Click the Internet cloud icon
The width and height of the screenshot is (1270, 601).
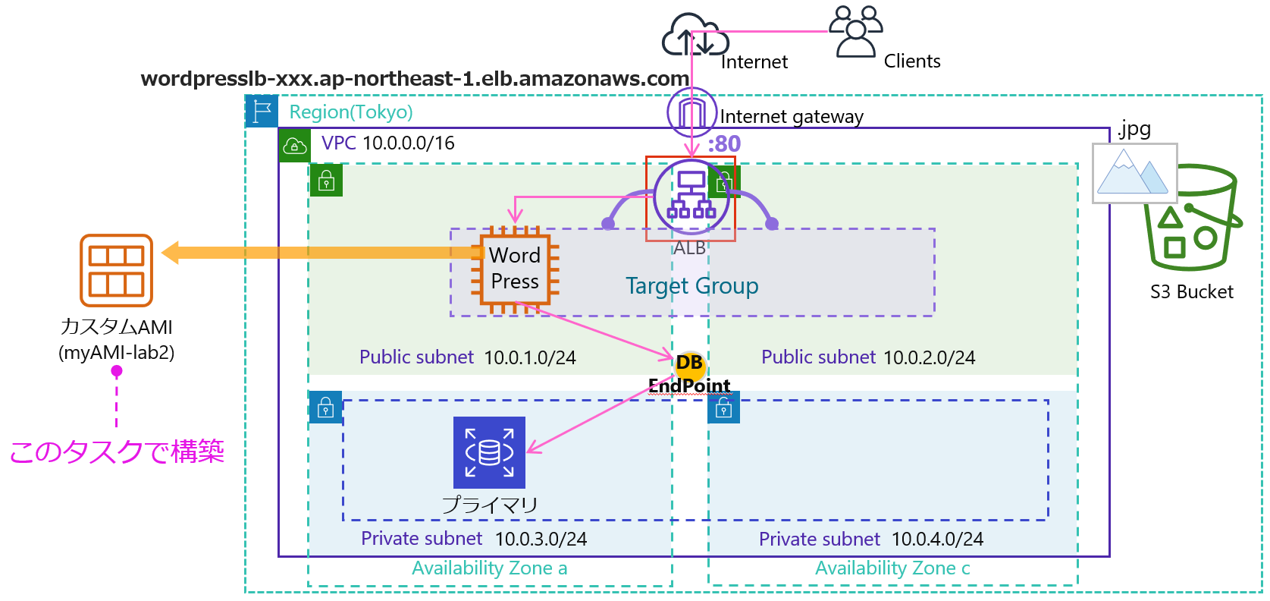click(x=690, y=35)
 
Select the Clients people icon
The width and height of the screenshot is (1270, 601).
click(x=855, y=32)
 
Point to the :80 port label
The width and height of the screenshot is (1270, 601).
click(x=724, y=143)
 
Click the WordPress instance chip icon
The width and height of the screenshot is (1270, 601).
click(x=515, y=269)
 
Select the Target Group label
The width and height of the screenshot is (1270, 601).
click(x=691, y=286)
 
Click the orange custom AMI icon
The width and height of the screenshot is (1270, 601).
click(x=116, y=270)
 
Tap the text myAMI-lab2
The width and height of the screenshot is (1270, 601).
click(x=116, y=353)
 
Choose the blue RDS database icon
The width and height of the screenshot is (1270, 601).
click(x=489, y=452)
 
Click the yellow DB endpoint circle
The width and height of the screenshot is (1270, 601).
click(x=689, y=363)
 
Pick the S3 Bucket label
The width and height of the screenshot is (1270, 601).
click(x=1191, y=292)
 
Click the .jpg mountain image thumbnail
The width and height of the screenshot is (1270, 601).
click(x=1134, y=173)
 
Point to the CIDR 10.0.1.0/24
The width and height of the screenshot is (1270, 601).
click(x=530, y=357)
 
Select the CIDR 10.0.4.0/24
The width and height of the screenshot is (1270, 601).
click(x=937, y=540)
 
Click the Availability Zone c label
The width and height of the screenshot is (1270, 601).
click(x=892, y=568)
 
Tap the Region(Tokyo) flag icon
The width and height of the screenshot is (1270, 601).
click(x=262, y=111)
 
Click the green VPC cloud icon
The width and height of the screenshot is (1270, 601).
click(x=294, y=146)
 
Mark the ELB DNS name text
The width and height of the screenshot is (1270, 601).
click(x=415, y=79)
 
